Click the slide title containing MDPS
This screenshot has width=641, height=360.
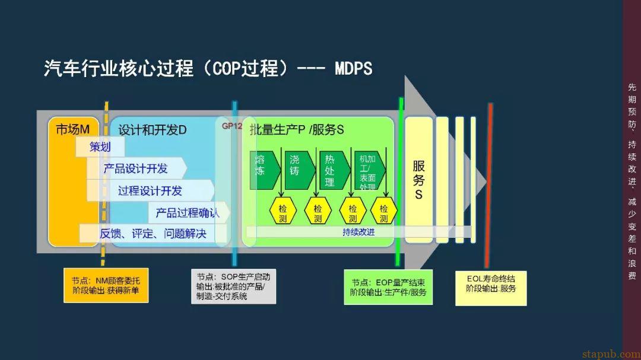click(x=208, y=69)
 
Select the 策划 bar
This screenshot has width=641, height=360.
click(x=100, y=146)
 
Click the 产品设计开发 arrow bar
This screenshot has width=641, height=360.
click(x=136, y=168)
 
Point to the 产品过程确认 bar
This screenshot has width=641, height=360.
click(x=187, y=212)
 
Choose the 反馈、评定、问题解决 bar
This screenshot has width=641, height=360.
click(x=153, y=234)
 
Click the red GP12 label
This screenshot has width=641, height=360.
click(x=232, y=126)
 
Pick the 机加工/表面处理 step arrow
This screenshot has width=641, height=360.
click(x=367, y=172)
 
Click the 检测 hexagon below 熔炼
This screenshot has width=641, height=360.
click(x=283, y=214)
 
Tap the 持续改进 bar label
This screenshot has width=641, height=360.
click(x=358, y=232)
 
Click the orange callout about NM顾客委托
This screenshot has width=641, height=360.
click(x=106, y=285)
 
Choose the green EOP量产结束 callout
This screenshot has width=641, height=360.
click(x=388, y=287)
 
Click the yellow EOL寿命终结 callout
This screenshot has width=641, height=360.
click(x=491, y=287)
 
